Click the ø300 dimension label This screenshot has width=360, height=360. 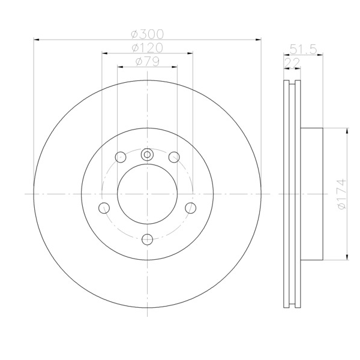click(148, 34)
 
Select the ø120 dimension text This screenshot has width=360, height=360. click(148, 48)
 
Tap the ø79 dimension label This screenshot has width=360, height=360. click(148, 61)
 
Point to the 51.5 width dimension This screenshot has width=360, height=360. click(303, 49)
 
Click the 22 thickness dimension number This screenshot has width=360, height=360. click(292, 62)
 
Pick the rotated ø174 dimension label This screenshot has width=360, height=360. click(342, 194)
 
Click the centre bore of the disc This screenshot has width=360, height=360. click(147, 194)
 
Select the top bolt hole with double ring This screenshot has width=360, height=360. click(147, 155)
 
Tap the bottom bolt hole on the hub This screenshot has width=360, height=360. click(148, 239)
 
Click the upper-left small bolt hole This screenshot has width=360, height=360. click(121, 157)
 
